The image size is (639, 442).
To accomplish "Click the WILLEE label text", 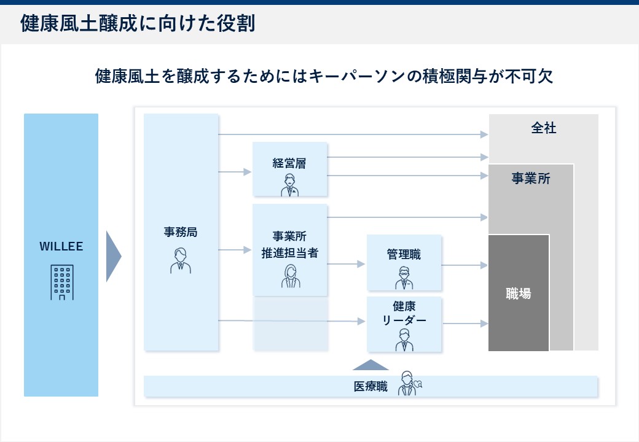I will pos(61,247).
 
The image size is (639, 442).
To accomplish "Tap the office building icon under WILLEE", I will pos(61,282).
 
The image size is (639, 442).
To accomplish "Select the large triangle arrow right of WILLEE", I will pos(113,256).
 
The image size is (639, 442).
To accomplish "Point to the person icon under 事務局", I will pos(181,260).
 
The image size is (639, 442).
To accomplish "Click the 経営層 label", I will pos(289,163).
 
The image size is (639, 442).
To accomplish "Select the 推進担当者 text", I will pos(289,252).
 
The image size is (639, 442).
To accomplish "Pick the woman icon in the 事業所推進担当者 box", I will pos(290,277).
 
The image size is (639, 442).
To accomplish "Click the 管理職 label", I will pos(404,254).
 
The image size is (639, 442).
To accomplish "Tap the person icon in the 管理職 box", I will pos(404,277).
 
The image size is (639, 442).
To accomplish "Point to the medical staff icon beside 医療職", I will pos(409,384).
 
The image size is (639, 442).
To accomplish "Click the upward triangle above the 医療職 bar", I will pos(370,365).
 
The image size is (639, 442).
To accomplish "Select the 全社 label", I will pos(543,129).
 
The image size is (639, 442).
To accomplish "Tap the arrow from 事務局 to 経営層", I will pos(235,172).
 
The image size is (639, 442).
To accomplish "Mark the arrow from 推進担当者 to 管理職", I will pos(347,265).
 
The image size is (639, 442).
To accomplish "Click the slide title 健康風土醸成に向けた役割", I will pos(138,24).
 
